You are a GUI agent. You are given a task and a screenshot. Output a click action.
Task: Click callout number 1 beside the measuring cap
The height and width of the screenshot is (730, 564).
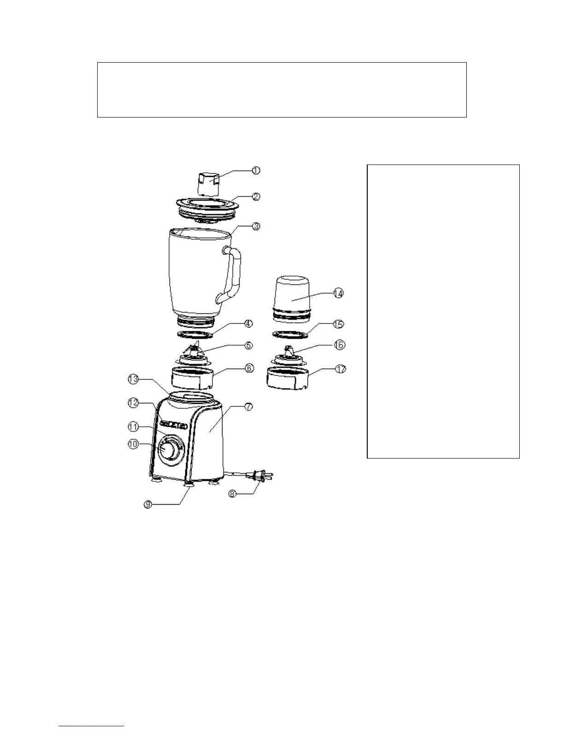[256, 170]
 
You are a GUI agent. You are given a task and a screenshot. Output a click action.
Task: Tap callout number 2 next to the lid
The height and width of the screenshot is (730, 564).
[256, 196]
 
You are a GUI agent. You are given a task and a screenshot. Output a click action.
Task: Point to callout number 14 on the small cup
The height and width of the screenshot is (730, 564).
[338, 293]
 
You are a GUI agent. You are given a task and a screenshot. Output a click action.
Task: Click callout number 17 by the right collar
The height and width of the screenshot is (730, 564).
[341, 369]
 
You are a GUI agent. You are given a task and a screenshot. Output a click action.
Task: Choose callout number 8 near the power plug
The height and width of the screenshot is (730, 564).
[233, 494]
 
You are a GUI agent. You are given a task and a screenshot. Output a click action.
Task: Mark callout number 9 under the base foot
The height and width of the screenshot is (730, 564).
[148, 505]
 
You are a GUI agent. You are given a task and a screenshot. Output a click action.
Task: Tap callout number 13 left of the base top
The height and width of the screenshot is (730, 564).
[133, 379]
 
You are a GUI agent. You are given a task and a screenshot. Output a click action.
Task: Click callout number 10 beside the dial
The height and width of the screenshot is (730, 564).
[133, 445]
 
